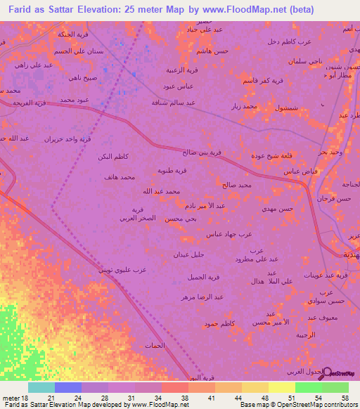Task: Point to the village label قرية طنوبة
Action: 171,170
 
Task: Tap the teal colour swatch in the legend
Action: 41,387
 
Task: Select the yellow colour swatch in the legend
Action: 281,387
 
